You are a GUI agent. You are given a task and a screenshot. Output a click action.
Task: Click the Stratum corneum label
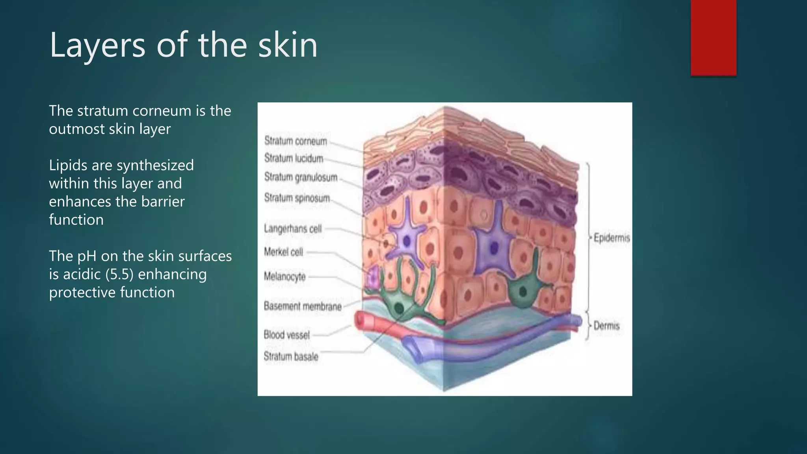296,141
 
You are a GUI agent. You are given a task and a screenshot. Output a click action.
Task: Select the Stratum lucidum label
294,158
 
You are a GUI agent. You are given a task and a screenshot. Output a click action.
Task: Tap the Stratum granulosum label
301,177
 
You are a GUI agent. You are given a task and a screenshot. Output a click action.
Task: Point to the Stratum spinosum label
297,198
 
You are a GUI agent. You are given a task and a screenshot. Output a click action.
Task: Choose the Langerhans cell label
292,229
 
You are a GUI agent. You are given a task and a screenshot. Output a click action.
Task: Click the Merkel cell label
283,252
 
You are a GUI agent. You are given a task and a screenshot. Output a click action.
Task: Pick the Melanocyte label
284,277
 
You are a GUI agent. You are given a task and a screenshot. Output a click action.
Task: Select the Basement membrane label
302,306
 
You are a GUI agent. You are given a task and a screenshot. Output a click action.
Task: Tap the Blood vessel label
286,335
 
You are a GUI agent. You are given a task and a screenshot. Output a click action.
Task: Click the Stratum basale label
290,357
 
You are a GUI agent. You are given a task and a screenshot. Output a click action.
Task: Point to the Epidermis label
612,238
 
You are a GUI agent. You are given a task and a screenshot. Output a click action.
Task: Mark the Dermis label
606,326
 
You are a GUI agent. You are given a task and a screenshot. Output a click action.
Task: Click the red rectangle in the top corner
713,37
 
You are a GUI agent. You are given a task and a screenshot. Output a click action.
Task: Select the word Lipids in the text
68,166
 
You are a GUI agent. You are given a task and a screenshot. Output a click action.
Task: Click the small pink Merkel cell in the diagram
372,277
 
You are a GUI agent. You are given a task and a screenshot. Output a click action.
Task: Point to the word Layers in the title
97,45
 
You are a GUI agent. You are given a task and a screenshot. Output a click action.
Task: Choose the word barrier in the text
163,202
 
